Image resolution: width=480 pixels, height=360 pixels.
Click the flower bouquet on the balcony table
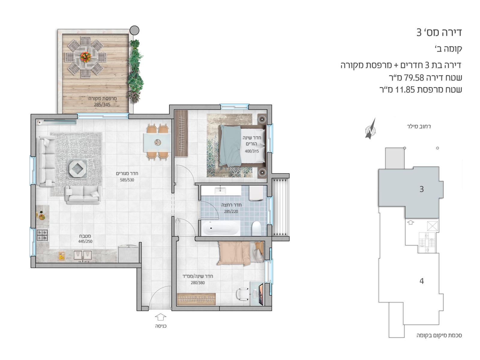(x=85, y=57)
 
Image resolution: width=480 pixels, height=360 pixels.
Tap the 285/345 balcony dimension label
(x=102, y=105)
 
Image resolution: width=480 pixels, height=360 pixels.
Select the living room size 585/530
(x=127, y=180)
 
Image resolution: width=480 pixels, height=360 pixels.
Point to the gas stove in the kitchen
(x=42, y=235)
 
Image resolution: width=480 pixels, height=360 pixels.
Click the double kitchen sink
(x=83, y=255)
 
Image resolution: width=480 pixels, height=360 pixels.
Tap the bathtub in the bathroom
(x=220, y=228)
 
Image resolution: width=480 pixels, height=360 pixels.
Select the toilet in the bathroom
(x=256, y=228)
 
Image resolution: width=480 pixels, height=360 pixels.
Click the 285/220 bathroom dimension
(x=231, y=211)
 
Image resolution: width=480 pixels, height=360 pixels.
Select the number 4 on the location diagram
(x=422, y=281)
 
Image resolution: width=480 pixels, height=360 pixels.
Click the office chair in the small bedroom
(x=242, y=294)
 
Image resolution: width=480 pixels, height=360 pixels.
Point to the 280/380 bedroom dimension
(x=198, y=283)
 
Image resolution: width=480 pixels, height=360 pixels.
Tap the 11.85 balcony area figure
(x=405, y=90)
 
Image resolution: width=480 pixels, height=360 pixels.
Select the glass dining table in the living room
(x=157, y=142)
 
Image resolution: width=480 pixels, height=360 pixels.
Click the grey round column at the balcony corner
(x=134, y=30)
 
